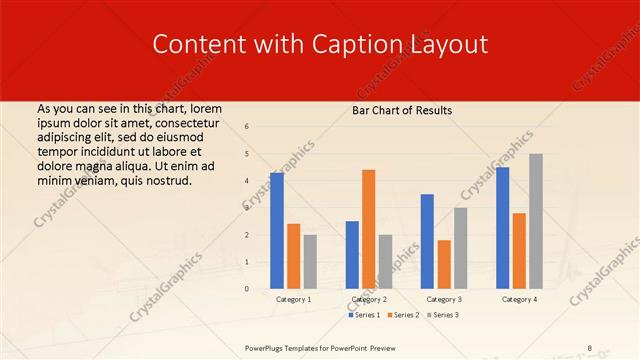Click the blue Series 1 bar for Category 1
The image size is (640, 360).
pyautogui.click(x=277, y=231)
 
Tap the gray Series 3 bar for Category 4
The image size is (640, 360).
pyautogui.click(x=536, y=221)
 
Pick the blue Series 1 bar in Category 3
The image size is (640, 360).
pyautogui.click(x=427, y=241)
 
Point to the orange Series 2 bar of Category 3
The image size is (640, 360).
pyautogui.click(x=444, y=264)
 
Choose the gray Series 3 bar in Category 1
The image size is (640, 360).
pyautogui.click(x=310, y=261)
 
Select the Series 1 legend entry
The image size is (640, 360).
pyautogui.click(x=365, y=315)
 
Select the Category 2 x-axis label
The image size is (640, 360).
pyautogui.click(x=369, y=299)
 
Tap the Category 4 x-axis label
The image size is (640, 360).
pyautogui.click(x=519, y=299)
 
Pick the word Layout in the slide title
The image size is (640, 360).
pyautogui.click(x=446, y=45)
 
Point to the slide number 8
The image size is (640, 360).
pyautogui.click(x=589, y=347)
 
